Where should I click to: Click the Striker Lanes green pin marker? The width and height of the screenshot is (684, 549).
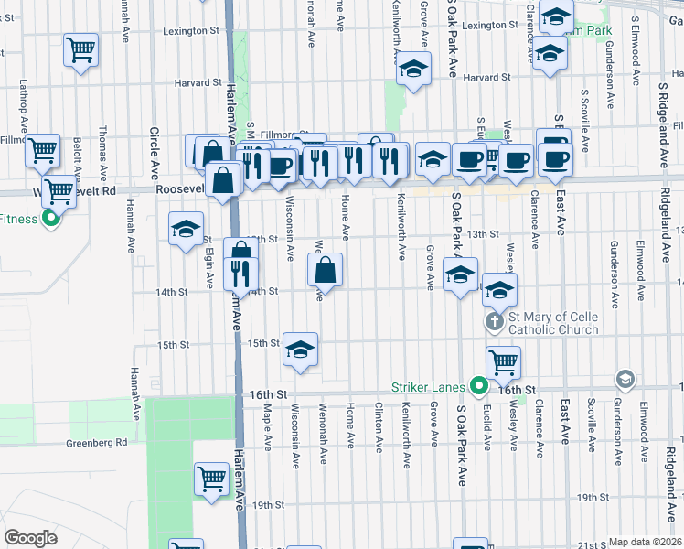476,387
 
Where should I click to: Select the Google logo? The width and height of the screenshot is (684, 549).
30,538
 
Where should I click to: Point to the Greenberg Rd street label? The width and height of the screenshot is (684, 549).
96,443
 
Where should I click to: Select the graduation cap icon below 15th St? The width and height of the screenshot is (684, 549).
301,350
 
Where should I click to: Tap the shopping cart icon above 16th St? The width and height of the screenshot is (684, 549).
503,361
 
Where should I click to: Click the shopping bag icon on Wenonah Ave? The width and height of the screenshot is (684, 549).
326,270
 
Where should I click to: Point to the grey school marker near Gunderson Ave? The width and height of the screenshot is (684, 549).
625,379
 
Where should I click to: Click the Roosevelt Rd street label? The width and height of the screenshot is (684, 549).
187,188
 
